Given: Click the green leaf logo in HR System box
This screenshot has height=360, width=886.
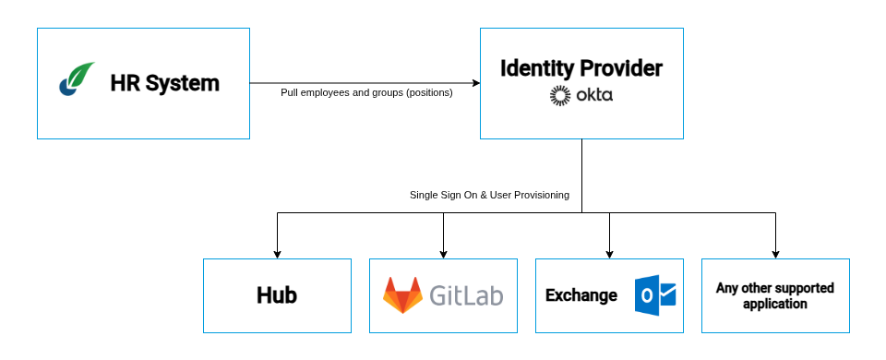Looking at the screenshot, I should tap(78, 79).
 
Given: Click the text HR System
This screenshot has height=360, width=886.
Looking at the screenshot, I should tap(164, 83).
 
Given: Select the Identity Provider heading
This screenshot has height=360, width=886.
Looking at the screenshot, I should tap(581, 68).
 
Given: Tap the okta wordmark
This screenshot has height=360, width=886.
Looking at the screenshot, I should tap(594, 95).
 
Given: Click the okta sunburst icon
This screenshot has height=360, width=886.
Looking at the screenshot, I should tap(560, 95).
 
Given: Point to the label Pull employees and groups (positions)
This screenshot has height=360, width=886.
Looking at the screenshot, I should tap(366, 92).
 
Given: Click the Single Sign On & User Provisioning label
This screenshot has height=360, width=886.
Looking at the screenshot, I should tap(489, 195).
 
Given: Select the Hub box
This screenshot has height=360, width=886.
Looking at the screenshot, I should tap(277, 295).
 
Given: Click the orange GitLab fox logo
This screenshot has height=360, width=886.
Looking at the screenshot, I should tap(402, 295).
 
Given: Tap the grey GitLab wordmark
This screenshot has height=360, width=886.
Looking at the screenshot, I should tap(467, 295).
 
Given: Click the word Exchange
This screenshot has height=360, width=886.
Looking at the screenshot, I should tap(581, 295).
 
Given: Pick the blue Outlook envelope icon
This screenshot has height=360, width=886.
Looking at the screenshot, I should tap(655, 295).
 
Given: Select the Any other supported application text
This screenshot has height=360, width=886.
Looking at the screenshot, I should tap(775, 295).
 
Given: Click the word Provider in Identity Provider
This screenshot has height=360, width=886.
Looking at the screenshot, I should tap(620, 68).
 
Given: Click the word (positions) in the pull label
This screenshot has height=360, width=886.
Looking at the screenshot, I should tap(429, 92).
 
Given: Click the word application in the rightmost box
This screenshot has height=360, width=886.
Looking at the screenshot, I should tap(775, 304).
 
